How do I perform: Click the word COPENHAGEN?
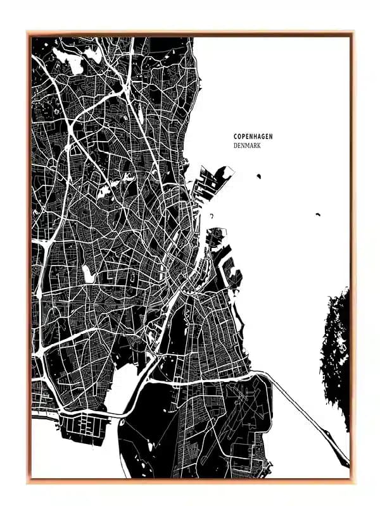pyautogui.click(x=253, y=136)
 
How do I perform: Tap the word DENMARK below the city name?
pyautogui.click(x=247, y=145)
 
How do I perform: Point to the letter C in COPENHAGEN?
pyautogui.click(x=235, y=136)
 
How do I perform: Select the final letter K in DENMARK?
pyautogui.click(x=259, y=145)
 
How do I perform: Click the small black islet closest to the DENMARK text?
pyautogui.click(x=259, y=175)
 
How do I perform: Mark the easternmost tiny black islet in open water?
pyautogui.click(x=317, y=214)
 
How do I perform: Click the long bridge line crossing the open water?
pyautogui.click(x=298, y=405)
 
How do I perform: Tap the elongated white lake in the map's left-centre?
pyautogui.click(x=87, y=273)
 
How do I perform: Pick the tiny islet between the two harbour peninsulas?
pyautogui.click(x=212, y=216)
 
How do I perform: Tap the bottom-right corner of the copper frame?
pyautogui.click(x=352, y=481)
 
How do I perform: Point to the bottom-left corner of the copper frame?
pyautogui.click(x=28, y=481)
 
